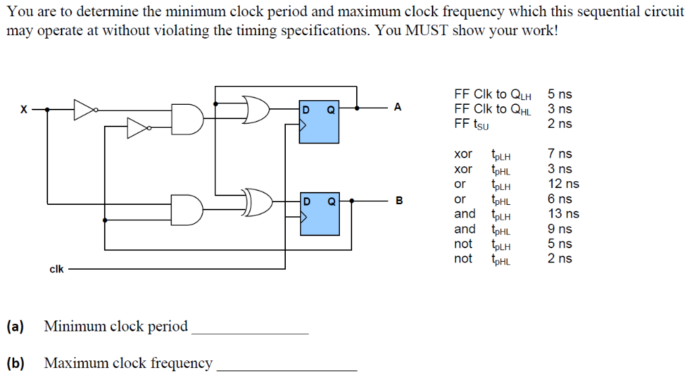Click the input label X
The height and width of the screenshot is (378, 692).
[x=24, y=108]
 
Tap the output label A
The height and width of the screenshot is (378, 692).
[x=397, y=107]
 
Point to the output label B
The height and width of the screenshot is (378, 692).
[x=398, y=201]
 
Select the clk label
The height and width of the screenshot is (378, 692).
[x=57, y=269]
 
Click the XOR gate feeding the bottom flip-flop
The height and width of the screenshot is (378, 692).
[x=257, y=202]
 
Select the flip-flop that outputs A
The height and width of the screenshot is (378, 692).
[x=319, y=122]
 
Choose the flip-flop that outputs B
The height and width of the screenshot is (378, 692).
[x=319, y=215]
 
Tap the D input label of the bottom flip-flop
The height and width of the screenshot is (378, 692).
[x=306, y=202]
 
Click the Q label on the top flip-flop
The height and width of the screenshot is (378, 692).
[x=331, y=108]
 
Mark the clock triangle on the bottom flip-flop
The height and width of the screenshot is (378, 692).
[x=303, y=218]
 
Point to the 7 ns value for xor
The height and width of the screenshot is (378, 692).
[x=560, y=154]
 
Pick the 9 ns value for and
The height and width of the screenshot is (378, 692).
[x=560, y=229]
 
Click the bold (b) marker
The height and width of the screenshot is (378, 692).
[x=15, y=363]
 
